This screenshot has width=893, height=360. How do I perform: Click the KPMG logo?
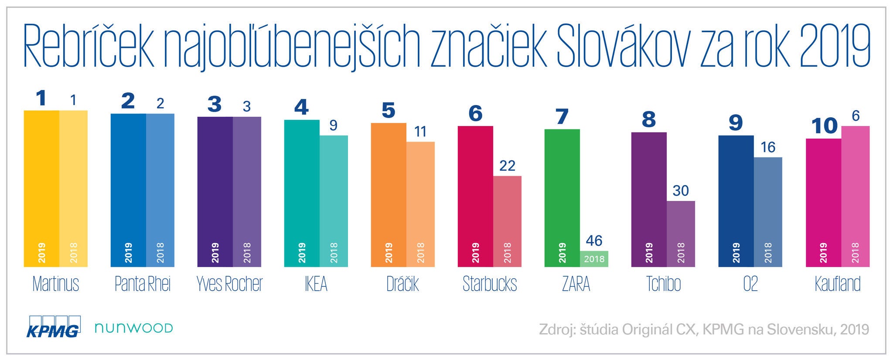pyautogui.click(x=54, y=326)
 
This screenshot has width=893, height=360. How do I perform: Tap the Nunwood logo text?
pyautogui.click(x=133, y=328)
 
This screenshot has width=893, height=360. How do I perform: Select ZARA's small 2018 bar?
pyautogui.click(x=594, y=259)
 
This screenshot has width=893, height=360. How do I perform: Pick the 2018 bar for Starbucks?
pyautogui.click(x=507, y=221)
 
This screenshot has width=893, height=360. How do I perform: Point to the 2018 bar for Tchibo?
pyautogui.click(x=681, y=234)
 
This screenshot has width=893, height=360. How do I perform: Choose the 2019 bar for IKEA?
pyautogui.click(x=302, y=193)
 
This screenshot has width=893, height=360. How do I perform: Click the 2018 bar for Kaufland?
pyautogui.click(x=855, y=196)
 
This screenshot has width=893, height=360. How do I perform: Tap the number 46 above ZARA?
pyautogui.click(x=594, y=241)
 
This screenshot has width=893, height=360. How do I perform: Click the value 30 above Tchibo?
pyautogui.click(x=681, y=190)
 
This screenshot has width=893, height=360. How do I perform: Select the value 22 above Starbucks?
pyautogui.click(x=507, y=166)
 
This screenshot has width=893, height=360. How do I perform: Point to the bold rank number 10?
pyautogui.click(x=824, y=126)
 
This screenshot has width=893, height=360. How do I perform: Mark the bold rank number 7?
pyautogui.click(x=562, y=117)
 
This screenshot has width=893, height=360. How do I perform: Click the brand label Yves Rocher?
pyautogui.click(x=229, y=284)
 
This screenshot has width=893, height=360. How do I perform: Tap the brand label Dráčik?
pyautogui.click(x=402, y=284)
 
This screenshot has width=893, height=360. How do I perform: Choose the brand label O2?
pyautogui.click(x=750, y=284)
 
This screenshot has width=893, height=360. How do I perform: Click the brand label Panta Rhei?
pyautogui.click(x=143, y=284)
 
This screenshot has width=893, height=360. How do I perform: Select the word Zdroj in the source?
pyautogui.click(x=556, y=329)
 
